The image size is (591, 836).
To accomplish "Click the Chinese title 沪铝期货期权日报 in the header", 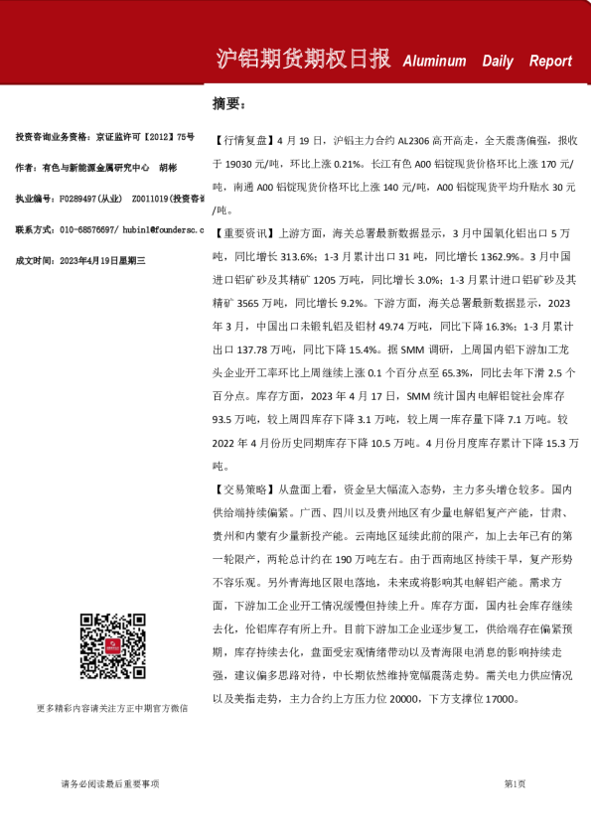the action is [x=302, y=60].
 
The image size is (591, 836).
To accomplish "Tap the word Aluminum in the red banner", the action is [x=434, y=62].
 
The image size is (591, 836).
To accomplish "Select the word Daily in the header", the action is [x=498, y=62].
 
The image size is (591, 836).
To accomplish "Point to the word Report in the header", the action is [x=550, y=62].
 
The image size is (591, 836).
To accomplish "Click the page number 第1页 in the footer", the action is [x=514, y=784].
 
